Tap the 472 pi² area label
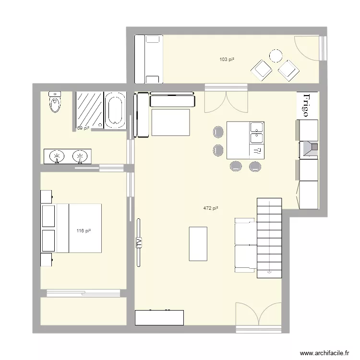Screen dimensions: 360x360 point(211,208)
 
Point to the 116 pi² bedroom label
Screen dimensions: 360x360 point(84,231)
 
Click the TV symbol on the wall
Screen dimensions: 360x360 point(140,242)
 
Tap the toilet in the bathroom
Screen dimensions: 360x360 point(55,102)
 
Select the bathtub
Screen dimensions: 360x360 point(115,110)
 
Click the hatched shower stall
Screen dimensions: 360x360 point(89,109)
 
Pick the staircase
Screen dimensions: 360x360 point(269,237)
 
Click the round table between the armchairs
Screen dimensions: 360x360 point(276,56)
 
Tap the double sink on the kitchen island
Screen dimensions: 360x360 point(256,132)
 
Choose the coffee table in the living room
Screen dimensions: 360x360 point(198,243)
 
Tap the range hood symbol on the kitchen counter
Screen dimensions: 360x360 point(309,149)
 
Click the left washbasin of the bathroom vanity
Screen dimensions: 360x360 point(57,156)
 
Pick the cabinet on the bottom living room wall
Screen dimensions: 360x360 point(159,317)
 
